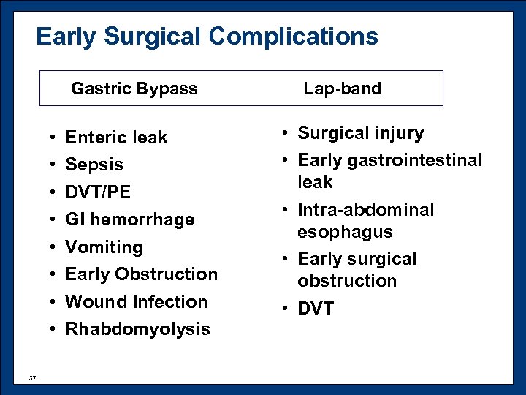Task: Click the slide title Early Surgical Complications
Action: coord(207,36)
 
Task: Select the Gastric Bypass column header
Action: coord(134,89)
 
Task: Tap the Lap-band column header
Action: coord(342,89)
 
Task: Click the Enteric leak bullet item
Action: coord(116,138)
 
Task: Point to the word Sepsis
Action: coord(94,165)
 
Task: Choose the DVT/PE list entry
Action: coord(98,192)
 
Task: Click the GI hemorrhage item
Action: coord(129,219)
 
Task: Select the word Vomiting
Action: coord(104,247)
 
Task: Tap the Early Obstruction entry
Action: coord(141,274)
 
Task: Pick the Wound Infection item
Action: coord(136,301)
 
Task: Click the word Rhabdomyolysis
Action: coord(137,329)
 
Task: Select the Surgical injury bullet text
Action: coord(360,133)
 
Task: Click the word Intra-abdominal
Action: coord(365,210)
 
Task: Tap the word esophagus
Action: coord(345,232)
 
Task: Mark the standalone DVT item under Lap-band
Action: coord(316,309)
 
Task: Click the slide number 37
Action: coord(32,377)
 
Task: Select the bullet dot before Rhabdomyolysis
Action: coord(55,330)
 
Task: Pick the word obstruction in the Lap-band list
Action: coord(347,281)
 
